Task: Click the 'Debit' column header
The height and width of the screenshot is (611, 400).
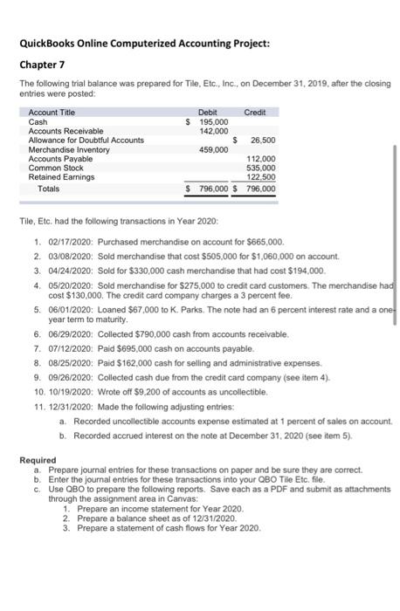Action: pyautogui.click(x=208, y=113)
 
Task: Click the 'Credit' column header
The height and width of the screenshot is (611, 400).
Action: pyautogui.click(x=255, y=113)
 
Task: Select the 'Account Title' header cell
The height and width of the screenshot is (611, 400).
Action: pyautogui.click(x=52, y=113)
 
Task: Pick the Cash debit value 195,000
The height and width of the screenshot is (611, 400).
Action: pyautogui.click(x=210, y=121)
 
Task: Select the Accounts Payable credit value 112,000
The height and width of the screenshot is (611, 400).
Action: pyautogui.click(x=262, y=159)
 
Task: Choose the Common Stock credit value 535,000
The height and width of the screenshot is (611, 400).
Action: pyautogui.click(x=262, y=168)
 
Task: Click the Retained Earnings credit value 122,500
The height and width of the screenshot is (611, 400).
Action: pyautogui.click(x=262, y=177)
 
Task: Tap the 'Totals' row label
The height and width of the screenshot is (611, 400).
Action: pyautogui.click(x=49, y=188)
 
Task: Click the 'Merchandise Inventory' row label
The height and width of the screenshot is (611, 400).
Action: pyautogui.click(x=70, y=149)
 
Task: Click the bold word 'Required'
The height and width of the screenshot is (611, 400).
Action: pyautogui.click(x=38, y=459)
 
